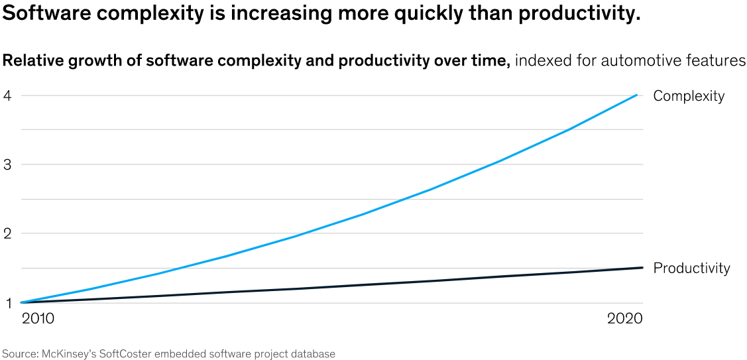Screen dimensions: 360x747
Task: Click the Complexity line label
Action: click(689, 96)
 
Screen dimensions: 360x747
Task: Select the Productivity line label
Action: click(691, 269)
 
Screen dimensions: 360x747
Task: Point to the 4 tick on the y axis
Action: click(7, 95)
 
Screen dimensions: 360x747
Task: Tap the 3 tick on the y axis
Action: click(7, 164)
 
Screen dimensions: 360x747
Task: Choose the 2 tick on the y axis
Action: click(7, 233)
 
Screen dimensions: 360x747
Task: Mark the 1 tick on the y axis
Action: click(7, 303)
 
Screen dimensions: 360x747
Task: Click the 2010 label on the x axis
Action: click(38, 319)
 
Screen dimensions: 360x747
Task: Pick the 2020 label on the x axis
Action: click(625, 319)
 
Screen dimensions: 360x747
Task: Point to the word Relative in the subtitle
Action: click(32, 62)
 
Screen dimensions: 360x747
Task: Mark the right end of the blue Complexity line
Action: click(637, 95)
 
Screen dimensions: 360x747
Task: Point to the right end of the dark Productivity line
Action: click(642, 268)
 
